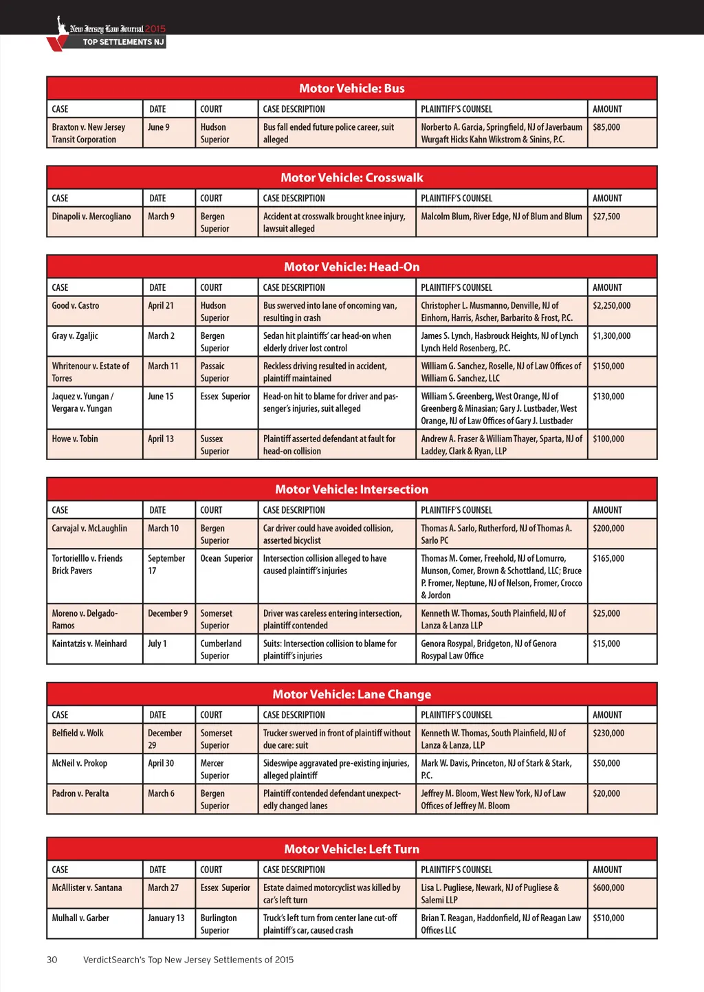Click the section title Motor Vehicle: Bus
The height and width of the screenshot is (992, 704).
point(351,88)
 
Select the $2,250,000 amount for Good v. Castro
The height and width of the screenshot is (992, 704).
point(611,306)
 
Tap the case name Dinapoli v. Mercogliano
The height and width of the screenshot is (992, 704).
point(91,217)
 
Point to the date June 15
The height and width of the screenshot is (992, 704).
point(161,397)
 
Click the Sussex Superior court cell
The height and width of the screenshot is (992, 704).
point(214,445)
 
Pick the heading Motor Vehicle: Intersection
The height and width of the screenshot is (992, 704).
point(351,489)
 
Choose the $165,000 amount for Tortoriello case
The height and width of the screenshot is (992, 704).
point(608,559)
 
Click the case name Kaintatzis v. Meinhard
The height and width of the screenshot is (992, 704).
point(89,644)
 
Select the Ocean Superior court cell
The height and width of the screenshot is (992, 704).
point(226,559)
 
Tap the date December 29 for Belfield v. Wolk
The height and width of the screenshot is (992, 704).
point(164,739)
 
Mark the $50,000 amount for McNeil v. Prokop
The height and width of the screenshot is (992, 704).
point(606,764)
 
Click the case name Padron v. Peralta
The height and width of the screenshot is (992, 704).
point(80,794)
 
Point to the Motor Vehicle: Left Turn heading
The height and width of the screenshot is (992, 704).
point(351,849)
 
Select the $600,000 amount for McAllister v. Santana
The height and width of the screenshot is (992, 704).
point(608,888)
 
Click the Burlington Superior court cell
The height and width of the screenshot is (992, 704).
point(219,924)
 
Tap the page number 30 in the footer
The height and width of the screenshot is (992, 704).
point(52,960)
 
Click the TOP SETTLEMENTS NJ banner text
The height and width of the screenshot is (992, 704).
point(123,42)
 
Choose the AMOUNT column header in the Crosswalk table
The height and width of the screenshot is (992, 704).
point(607,199)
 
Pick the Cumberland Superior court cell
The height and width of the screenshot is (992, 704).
point(221,650)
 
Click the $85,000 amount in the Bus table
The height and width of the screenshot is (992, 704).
point(606,128)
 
